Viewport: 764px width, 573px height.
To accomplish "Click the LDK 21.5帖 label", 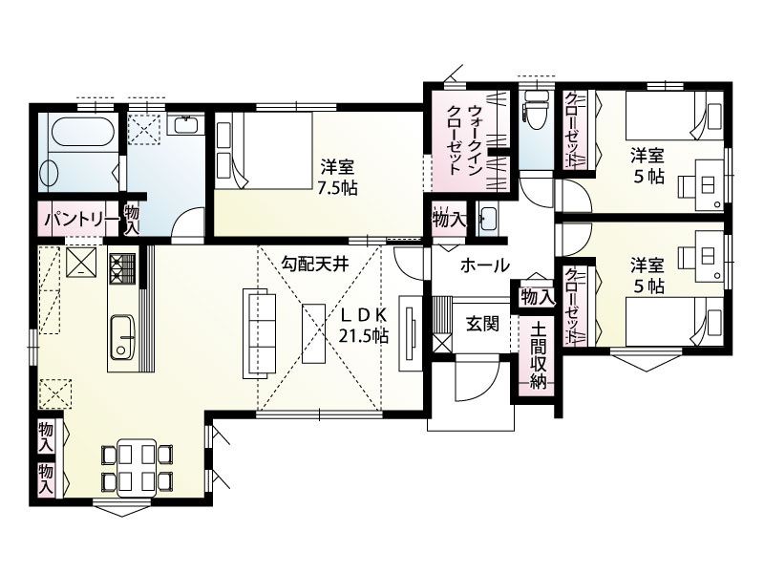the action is pos(364,326).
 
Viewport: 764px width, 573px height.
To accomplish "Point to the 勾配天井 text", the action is pos(315,265).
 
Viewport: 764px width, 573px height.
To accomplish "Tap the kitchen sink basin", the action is pos(122,337).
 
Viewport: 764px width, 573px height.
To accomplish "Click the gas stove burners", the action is pos(122,269).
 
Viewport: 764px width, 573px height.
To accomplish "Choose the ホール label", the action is pos(485,265).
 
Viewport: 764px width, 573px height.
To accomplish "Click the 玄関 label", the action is pos(482,324).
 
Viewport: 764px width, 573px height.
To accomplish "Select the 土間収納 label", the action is pos(538,355).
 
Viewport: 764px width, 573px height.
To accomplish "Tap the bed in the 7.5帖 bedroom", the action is pos(265,151).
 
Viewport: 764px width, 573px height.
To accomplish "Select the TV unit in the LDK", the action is pos(410,333).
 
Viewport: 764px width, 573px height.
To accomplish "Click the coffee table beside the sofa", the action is pos(314,333).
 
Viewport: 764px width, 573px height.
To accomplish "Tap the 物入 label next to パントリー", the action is pos(132,221).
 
